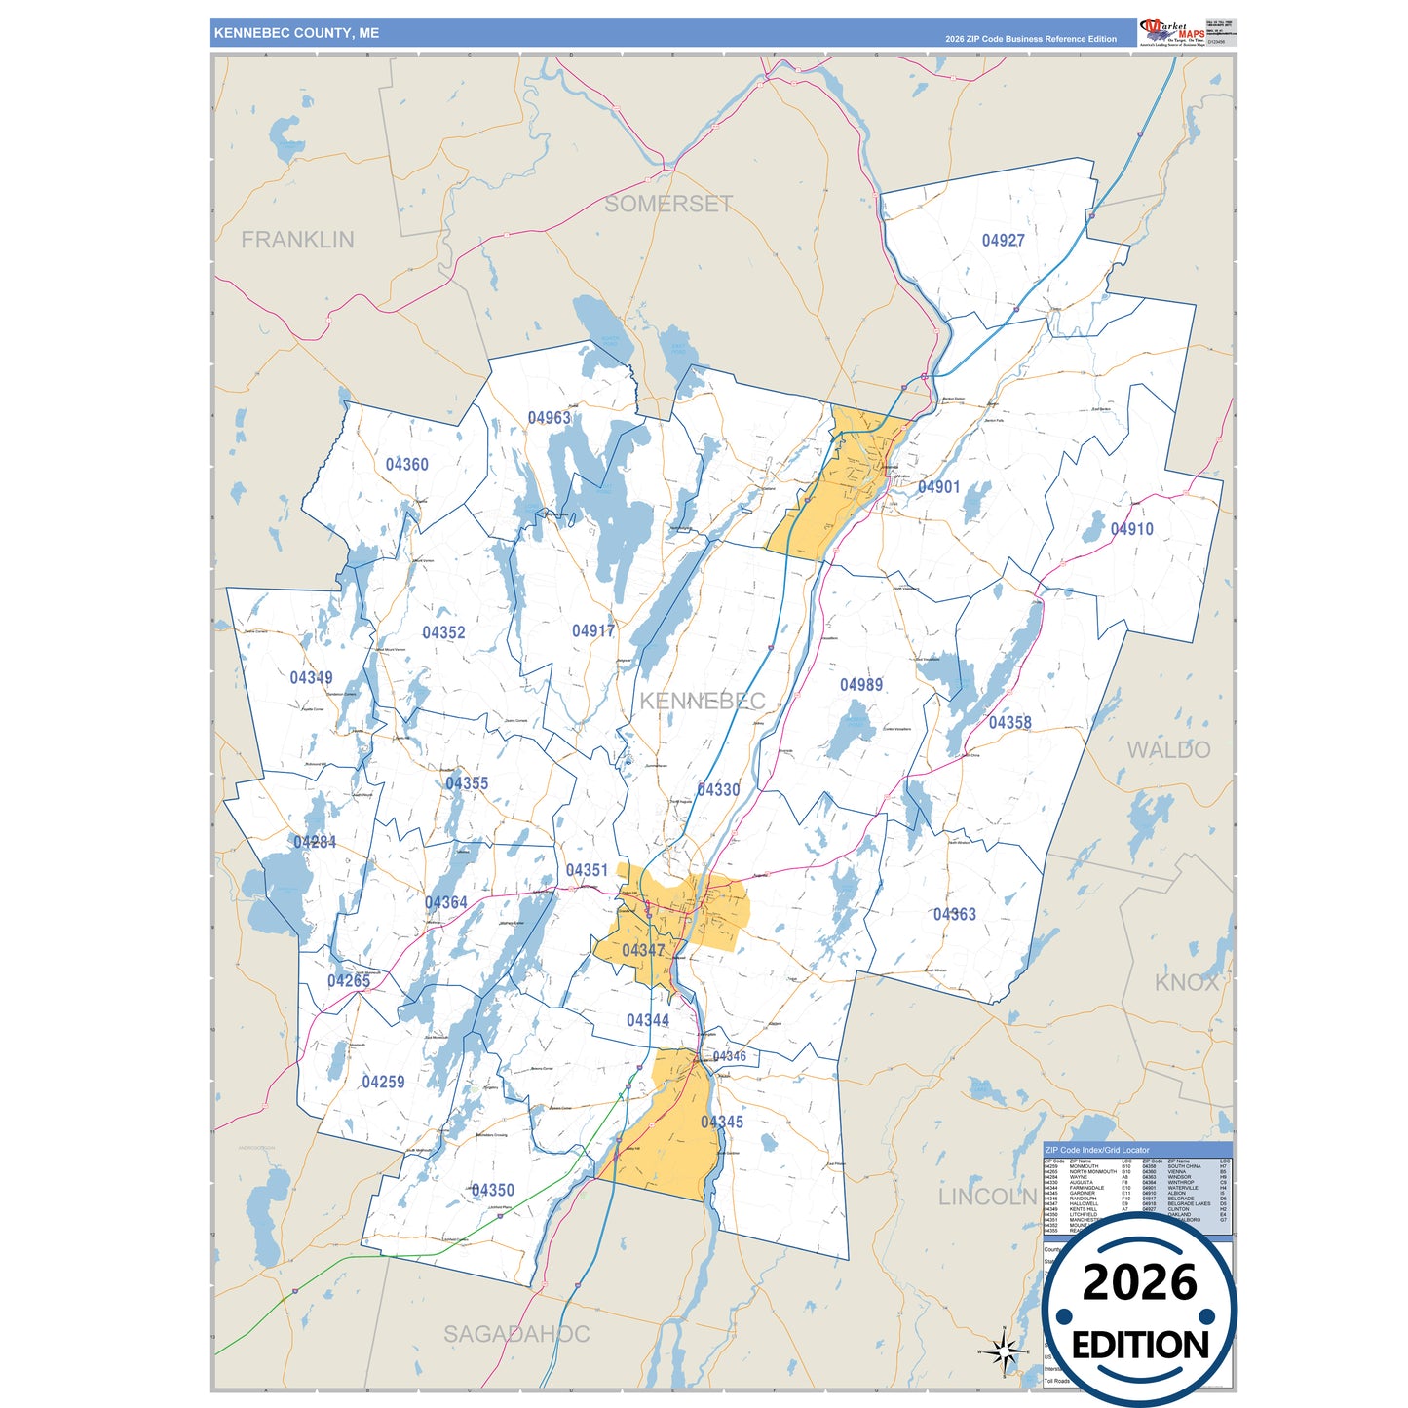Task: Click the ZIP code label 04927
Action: pyautogui.click(x=1003, y=241)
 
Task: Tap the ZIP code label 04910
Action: pyautogui.click(x=1131, y=529)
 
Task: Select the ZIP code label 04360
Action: pyautogui.click(x=406, y=465)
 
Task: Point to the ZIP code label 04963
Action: pyautogui.click(x=549, y=418)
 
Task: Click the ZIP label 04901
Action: pyautogui.click(x=938, y=487)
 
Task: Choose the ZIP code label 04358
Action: pyautogui.click(x=1009, y=723)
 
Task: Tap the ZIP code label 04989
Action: pyautogui.click(x=861, y=685)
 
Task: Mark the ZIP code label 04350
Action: pyautogui.click(x=492, y=1191)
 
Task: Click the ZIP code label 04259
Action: pyautogui.click(x=383, y=1083)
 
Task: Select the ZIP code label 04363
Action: pyautogui.click(x=954, y=914)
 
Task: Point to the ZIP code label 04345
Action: pyautogui.click(x=721, y=1123)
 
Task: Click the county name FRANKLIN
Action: pyautogui.click(x=297, y=240)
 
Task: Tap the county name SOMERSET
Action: pyautogui.click(x=668, y=204)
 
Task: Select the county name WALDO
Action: pyautogui.click(x=1168, y=750)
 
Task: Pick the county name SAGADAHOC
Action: pyautogui.click(x=516, y=1334)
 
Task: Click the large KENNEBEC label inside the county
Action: pyautogui.click(x=702, y=701)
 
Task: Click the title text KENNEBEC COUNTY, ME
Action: pyautogui.click(x=296, y=33)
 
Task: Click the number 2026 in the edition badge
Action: pyautogui.click(x=1139, y=1282)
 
